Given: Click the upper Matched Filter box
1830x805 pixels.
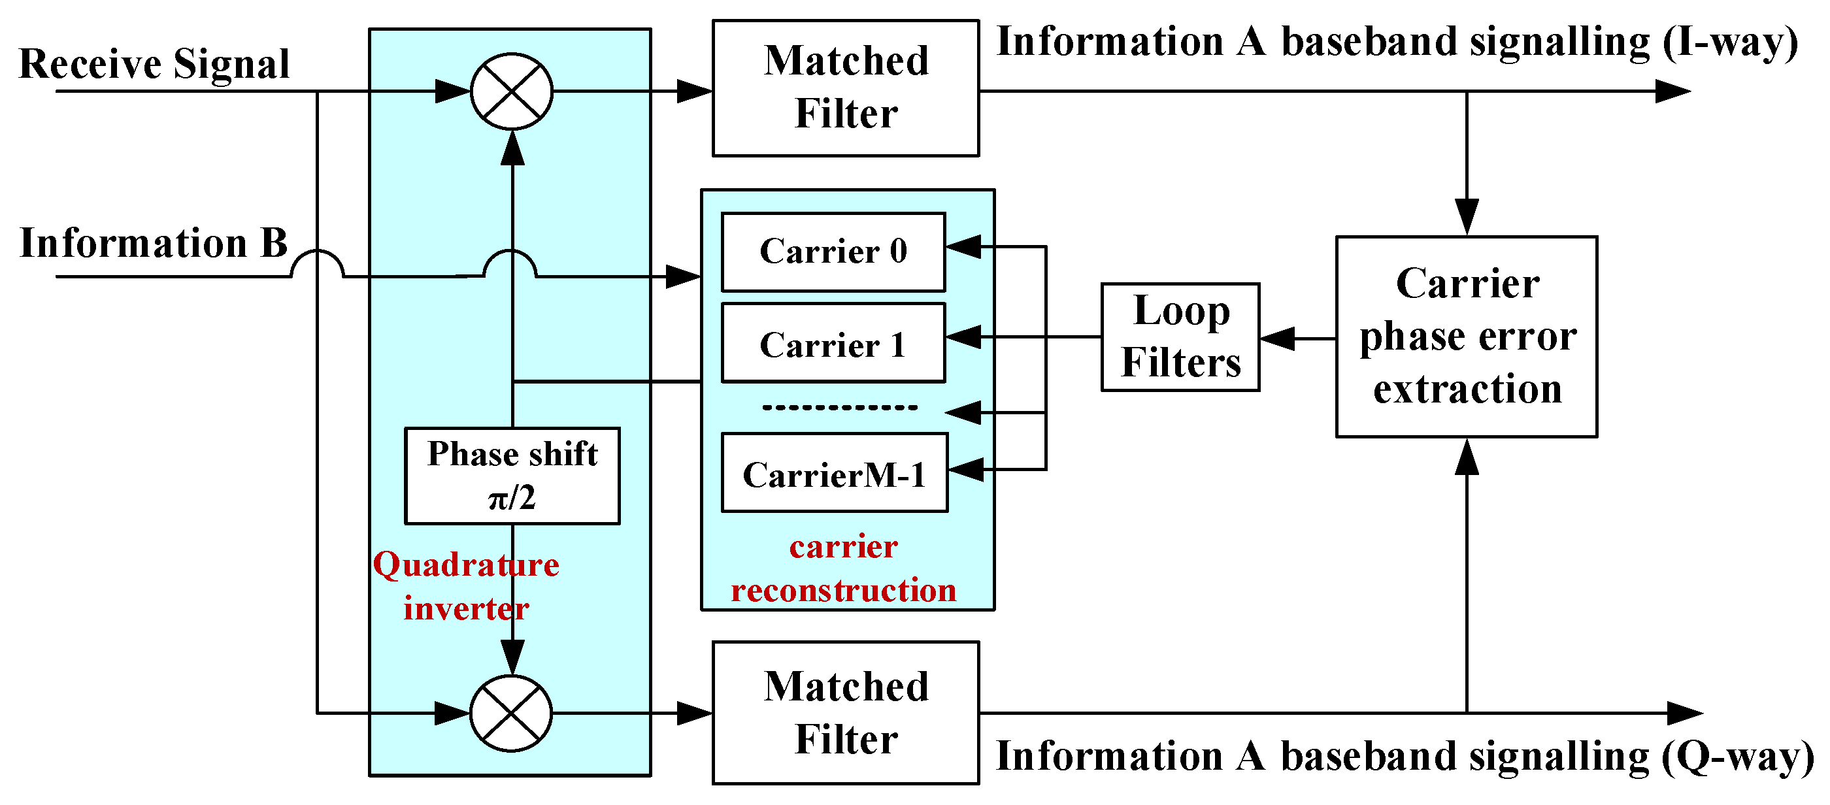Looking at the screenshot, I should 845,88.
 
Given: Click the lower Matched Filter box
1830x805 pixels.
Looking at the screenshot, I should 845,713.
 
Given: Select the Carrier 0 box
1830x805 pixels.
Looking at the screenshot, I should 833,252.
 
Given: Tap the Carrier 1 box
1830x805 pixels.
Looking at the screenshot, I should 833,343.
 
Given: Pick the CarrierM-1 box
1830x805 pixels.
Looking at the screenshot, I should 834,472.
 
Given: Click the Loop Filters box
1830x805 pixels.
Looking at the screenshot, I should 1180,337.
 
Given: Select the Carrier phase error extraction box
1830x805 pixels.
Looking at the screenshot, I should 1466,336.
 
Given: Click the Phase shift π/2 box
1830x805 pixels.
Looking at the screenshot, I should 512,475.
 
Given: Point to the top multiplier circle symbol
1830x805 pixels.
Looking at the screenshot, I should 512,91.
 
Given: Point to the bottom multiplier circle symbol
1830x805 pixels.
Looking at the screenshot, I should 512,713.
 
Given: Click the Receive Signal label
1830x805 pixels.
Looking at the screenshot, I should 154,64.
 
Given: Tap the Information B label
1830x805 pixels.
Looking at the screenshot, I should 154,243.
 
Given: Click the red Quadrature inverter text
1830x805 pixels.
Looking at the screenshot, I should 466,586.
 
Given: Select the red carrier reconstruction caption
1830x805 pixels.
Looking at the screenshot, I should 844,568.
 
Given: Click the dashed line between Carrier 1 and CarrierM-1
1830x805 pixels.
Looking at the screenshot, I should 840,408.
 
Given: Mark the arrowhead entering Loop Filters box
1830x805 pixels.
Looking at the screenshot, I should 1277,339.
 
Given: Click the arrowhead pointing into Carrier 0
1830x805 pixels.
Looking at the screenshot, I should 964,246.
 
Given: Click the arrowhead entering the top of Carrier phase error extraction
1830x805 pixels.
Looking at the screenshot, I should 1466,216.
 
